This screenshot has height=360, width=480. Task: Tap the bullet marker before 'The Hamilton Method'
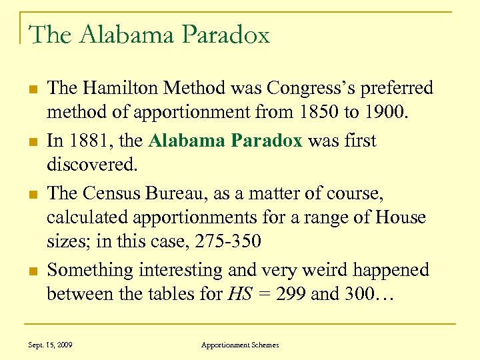[x=32, y=89]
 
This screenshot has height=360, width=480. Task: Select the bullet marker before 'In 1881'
[x=32, y=142]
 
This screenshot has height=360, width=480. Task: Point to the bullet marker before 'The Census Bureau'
[x=32, y=195]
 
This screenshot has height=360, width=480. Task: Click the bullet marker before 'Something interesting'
[x=32, y=271]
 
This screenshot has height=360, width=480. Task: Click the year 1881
[x=89, y=141]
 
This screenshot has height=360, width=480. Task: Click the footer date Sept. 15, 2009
[x=51, y=345]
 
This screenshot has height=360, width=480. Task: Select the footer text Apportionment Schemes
[x=240, y=345]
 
